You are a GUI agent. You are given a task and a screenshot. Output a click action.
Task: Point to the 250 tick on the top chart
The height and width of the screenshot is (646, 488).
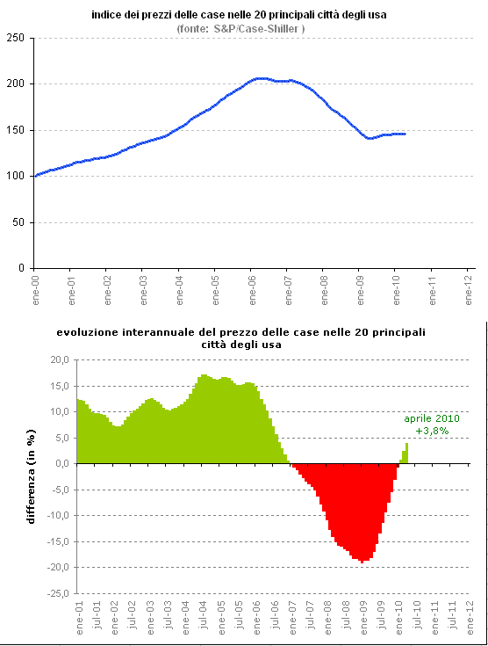16,38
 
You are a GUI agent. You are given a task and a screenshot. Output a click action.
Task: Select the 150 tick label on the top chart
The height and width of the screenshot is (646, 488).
16,130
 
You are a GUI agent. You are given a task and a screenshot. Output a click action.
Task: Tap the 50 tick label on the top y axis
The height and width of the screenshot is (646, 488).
18,222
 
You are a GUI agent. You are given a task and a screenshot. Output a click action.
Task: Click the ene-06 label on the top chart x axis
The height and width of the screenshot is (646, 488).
251,288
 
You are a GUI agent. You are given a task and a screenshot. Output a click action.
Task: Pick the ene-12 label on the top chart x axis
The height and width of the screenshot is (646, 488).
468,288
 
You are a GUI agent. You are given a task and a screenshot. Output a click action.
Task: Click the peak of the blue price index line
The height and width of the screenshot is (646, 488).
260,78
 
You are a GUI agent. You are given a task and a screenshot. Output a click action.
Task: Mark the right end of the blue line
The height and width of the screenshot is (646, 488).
405,134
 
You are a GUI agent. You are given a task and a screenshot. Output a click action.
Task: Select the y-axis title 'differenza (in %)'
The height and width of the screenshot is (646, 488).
31,477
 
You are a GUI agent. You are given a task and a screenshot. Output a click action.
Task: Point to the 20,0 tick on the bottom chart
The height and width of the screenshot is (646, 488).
58,359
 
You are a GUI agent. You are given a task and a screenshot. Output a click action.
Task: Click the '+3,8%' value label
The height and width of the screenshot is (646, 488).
432,431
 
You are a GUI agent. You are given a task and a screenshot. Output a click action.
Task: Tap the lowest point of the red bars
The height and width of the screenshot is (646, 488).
362,562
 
